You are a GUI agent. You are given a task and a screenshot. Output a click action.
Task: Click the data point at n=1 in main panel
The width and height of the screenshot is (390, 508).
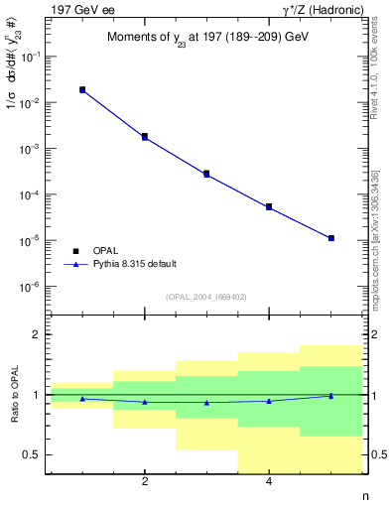coord(82,90)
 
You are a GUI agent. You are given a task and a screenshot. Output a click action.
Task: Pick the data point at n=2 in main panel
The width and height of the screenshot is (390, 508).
coord(145,137)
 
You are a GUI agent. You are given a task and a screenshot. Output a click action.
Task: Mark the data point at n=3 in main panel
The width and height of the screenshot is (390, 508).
coord(206,174)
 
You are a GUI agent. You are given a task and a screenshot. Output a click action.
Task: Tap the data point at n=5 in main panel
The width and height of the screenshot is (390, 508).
coord(330,238)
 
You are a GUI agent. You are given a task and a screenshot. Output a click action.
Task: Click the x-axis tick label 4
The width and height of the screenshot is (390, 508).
coord(269,482)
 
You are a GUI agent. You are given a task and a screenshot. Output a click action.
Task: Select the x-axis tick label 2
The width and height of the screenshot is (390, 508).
coord(145,482)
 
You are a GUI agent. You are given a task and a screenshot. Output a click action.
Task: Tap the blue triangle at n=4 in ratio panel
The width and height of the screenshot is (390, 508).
coord(269,401)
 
